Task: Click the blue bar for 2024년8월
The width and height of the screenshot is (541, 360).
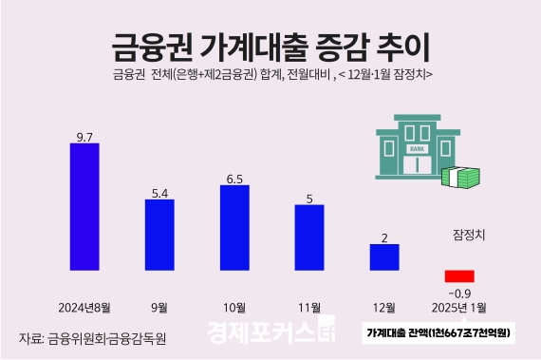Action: [84, 206]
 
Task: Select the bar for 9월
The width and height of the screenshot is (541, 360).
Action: [159, 235]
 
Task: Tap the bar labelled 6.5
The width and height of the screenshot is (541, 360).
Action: [234, 227]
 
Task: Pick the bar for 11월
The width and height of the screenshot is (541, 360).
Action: [309, 236]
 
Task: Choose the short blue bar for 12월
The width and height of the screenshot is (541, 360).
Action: [384, 256]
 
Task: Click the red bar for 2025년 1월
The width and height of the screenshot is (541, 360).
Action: [459, 275]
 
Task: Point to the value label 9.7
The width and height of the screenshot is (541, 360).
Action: [84, 137]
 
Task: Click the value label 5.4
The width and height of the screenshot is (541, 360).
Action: [159, 194]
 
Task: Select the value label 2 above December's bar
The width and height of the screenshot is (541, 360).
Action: [384, 237]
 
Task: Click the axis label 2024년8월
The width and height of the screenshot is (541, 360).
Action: [84, 308]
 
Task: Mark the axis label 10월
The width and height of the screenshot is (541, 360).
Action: [234, 308]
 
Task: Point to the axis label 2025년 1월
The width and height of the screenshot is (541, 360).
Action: [459, 308]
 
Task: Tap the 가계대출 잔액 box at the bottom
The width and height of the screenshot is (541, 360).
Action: [438, 333]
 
